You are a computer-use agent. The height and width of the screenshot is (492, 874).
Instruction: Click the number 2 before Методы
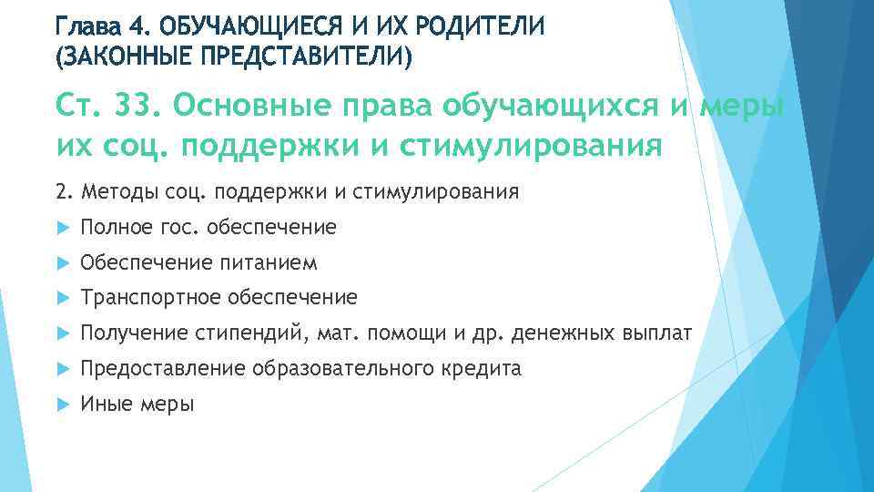coord(60,192)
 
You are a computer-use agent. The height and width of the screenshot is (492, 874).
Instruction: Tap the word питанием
coord(269,263)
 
